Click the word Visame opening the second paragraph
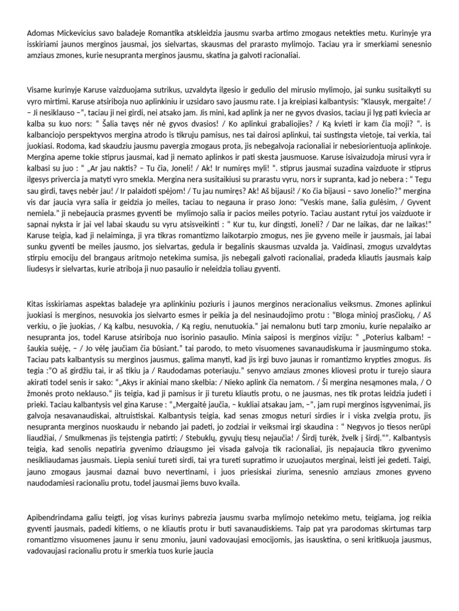point(42,89)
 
